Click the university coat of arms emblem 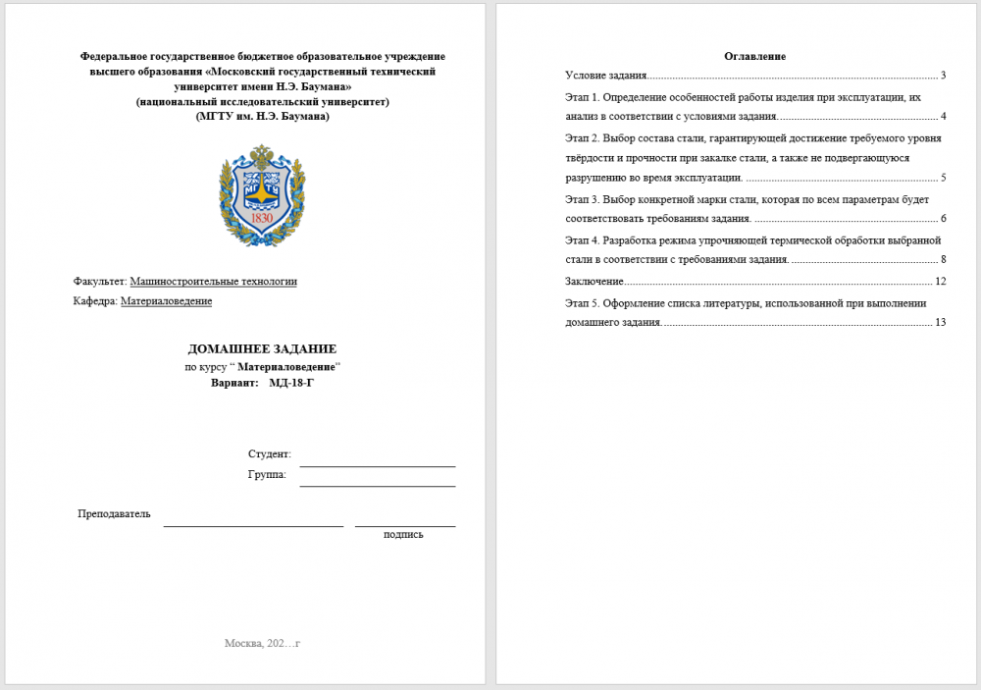261,194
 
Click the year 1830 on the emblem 262,218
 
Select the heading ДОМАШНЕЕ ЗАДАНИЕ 262,348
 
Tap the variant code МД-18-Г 291,382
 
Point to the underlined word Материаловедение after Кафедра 166,301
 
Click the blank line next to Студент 378,460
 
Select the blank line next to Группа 378,481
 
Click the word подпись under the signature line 403,535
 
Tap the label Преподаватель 114,513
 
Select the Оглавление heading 754,56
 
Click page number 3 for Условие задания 942,76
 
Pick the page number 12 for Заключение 940,282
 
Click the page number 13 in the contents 940,322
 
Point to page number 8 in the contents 942,259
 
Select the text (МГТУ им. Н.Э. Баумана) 262,116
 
